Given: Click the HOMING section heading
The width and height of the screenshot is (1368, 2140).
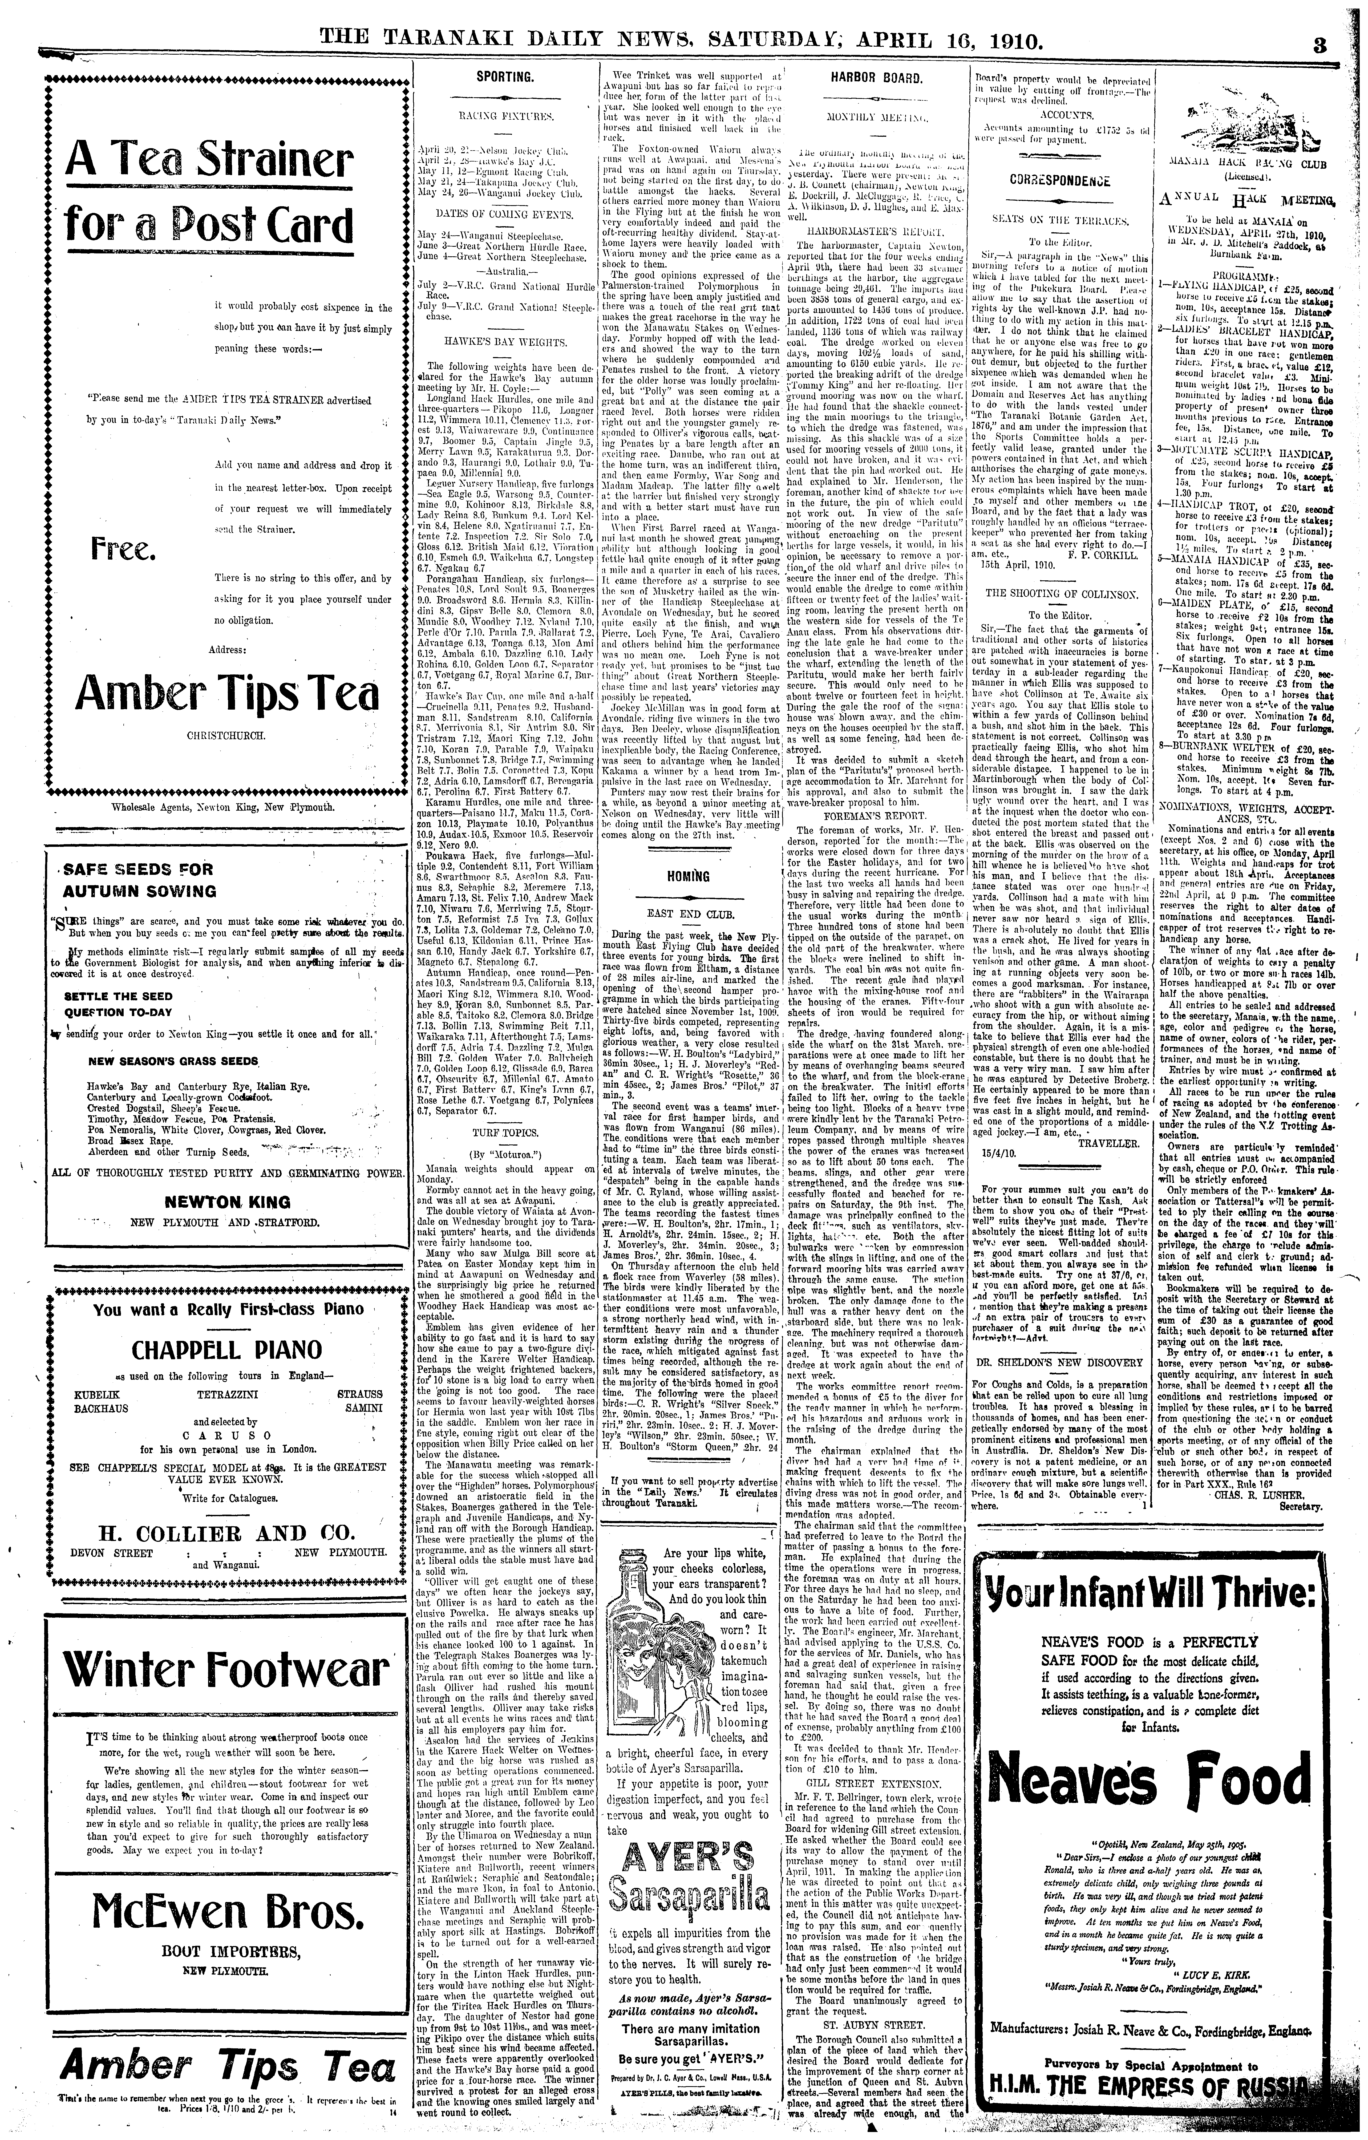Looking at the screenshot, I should (689, 875).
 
